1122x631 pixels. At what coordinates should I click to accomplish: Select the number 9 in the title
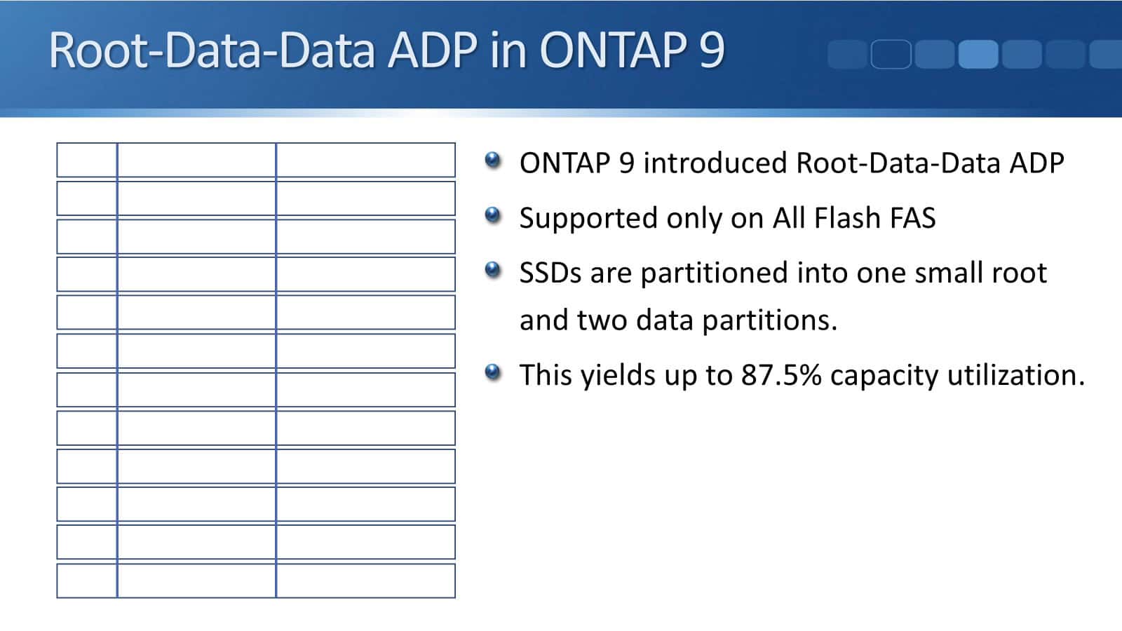tap(711, 50)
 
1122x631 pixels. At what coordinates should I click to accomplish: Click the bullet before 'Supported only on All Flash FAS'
tap(493, 215)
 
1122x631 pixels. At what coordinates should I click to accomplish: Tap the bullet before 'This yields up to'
tap(493, 372)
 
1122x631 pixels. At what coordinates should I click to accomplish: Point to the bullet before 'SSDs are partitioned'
tap(493, 269)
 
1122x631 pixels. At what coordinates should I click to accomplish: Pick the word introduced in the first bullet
tap(715, 163)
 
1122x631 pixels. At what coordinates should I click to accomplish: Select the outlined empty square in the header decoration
tap(891, 54)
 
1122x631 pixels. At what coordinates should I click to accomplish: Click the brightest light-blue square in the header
tap(978, 54)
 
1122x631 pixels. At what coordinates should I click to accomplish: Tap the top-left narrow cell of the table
tap(87, 160)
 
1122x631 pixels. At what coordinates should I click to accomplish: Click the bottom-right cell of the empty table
tap(365, 581)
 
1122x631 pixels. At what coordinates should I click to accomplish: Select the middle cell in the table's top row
tap(196, 160)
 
